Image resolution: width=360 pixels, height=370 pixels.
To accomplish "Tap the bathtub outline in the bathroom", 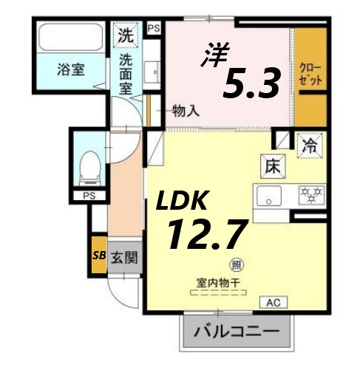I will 72,36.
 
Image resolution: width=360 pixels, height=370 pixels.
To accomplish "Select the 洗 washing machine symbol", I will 126,34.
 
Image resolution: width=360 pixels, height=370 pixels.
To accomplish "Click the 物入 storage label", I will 186,111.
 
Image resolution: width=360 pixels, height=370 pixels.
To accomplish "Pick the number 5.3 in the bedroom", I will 251,83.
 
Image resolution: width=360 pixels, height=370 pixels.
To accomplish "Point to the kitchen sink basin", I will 268,197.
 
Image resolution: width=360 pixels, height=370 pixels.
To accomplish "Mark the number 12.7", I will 205,234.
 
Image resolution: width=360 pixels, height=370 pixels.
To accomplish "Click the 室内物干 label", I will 221,282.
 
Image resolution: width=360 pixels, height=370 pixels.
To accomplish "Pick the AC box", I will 274,302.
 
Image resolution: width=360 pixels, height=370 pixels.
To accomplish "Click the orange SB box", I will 98,256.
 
